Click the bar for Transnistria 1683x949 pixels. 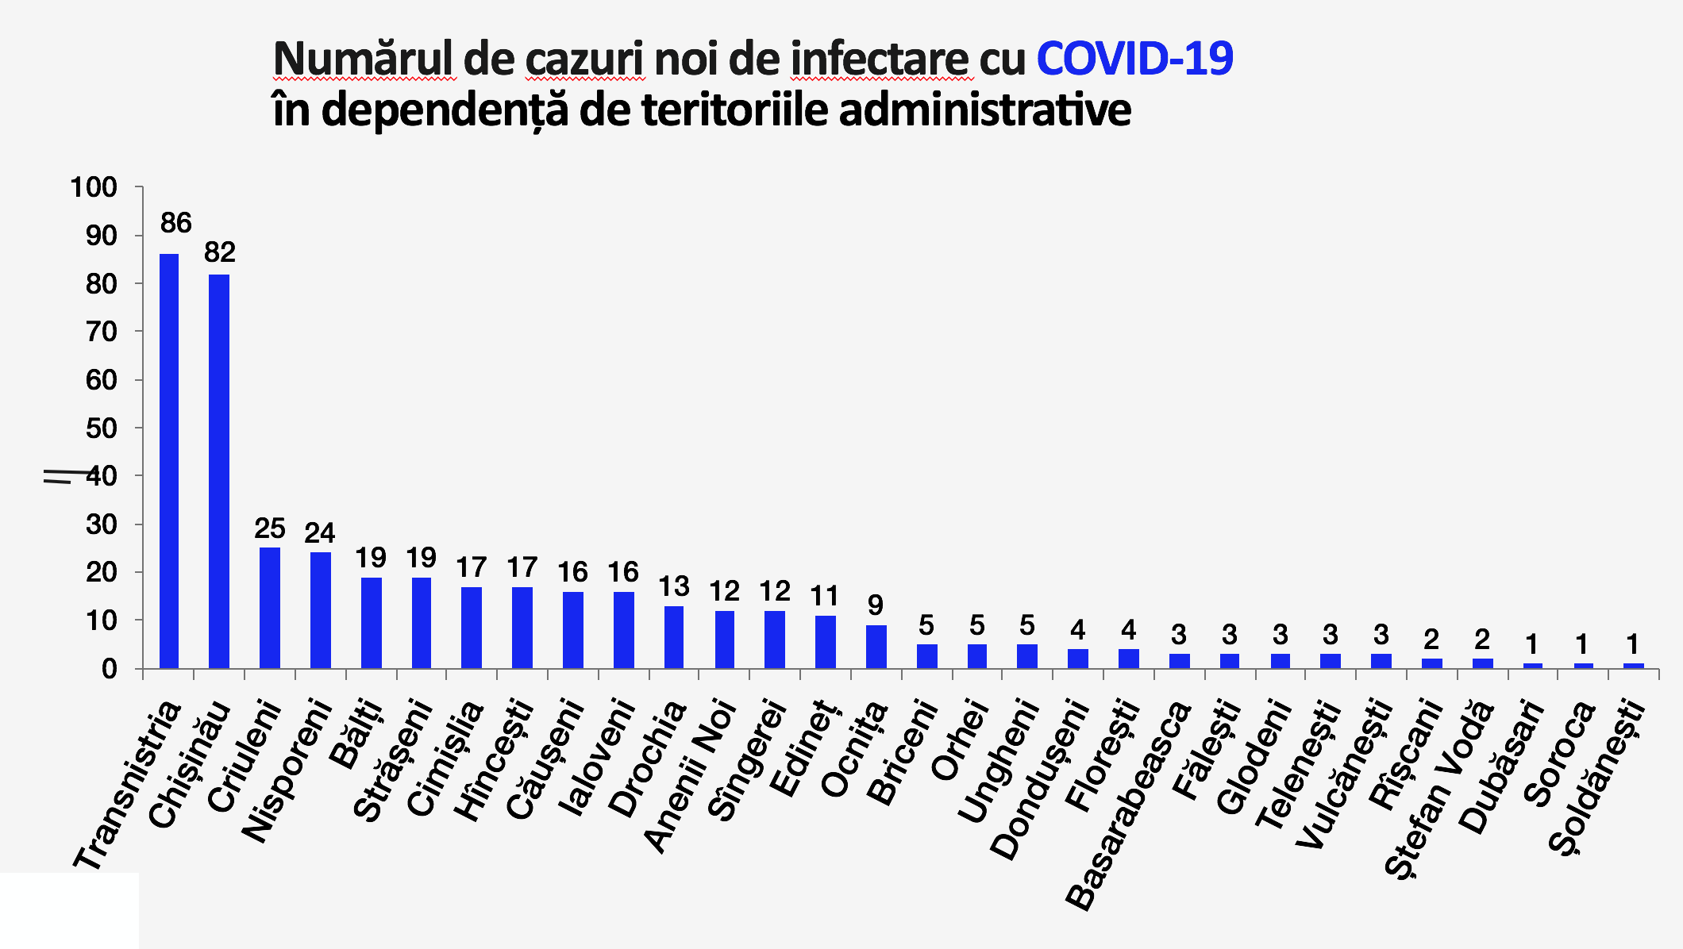[x=169, y=460]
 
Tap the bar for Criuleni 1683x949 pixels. [x=270, y=607]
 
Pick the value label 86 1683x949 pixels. [x=175, y=223]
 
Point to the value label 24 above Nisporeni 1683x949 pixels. [x=320, y=532]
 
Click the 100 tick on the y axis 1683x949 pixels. [x=94, y=188]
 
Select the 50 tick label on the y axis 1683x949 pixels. [x=101, y=428]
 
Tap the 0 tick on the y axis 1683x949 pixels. [x=109, y=669]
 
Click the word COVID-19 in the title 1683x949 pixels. [x=1134, y=59]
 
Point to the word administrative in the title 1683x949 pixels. [x=984, y=110]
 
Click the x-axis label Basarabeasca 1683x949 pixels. [x=1128, y=805]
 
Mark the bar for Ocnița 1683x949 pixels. [x=876, y=647]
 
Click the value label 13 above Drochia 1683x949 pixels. [x=673, y=587]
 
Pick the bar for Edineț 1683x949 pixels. [x=826, y=642]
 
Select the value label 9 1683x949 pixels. [x=875, y=605]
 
